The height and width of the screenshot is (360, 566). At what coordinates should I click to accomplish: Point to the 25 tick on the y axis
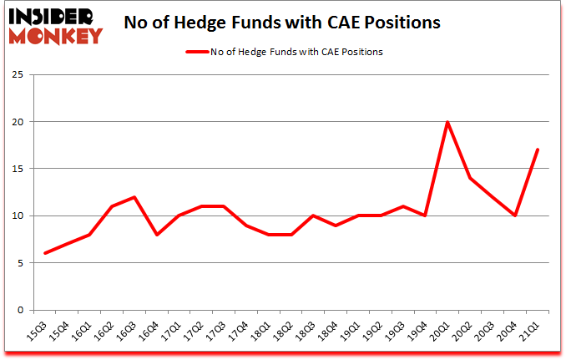pyautogui.click(x=18, y=75)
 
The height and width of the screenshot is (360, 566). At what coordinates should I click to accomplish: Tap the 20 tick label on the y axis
pyautogui.click(x=18, y=122)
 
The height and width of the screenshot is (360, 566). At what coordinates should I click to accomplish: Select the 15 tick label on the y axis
pyautogui.click(x=18, y=169)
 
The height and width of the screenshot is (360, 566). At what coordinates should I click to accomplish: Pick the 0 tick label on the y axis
pyautogui.click(x=21, y=310)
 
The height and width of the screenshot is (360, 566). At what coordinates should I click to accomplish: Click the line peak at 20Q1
pyautogui.click(x=448, y=122)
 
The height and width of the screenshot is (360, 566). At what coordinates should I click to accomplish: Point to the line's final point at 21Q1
pyautogui.click(x=538, y=150)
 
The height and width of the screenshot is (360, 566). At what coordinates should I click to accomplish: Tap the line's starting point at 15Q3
pyautogui.click(x=45, y=253)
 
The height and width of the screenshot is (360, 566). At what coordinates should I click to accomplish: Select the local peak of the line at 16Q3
pyautogui.click(x=134, y=197)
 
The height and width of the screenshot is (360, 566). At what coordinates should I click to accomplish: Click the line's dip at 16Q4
pyautogui.click(x=157, y=235)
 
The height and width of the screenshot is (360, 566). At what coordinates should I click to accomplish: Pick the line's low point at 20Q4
pyautogui.click(x=515, y=215)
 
